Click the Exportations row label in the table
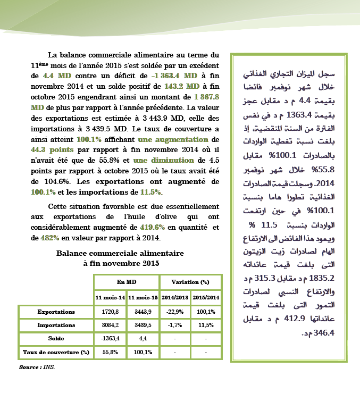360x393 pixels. pos(56,312)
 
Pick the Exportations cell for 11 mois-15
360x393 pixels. pos(143,312)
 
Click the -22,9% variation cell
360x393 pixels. pos(174,312)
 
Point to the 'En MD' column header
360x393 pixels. pos(126,281)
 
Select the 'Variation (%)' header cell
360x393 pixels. pos(190,281)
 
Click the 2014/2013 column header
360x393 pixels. pos(174,297)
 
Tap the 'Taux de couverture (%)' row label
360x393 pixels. pos(56,352)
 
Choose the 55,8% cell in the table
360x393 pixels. pos(110,352)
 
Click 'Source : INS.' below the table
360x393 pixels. pos(37,367)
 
